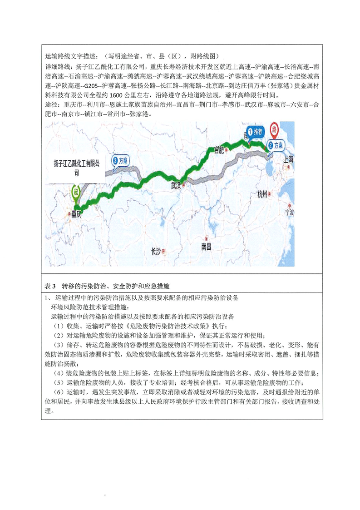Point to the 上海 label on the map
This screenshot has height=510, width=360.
pos(289,159)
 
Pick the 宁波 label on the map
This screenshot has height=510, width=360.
pos(289,212)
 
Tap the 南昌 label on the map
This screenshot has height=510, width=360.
pos(207,246)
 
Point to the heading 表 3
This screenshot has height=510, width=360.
pos(50,286)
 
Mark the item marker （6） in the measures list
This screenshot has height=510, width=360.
pos(59,392)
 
